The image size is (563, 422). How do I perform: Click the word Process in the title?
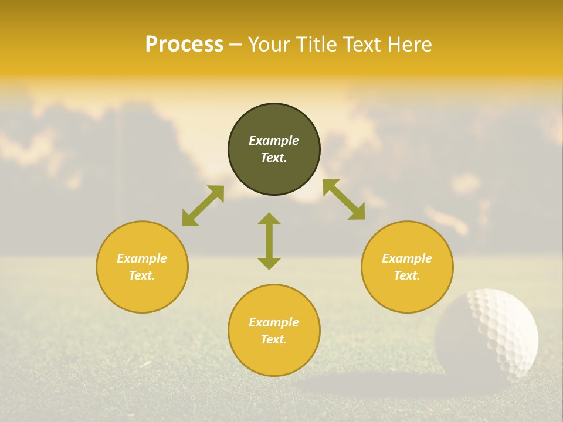coord(184,45)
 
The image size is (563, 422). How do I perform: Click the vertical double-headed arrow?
coord(269,241)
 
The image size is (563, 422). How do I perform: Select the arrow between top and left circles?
coord(203,206)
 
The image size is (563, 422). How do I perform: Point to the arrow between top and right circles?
coord(344,199)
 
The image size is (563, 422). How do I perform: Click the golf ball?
coord(491,332)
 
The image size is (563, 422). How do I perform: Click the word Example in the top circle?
coord(274,141)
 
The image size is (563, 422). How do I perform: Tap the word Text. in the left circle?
coord(142,275)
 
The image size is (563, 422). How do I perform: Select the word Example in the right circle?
coord(407,258)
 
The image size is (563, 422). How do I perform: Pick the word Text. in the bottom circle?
coord(274,339)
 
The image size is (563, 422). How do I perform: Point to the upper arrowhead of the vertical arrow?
coord(269,218)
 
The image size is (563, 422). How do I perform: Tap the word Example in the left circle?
coord(142,258)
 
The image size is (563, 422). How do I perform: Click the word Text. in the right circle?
coord(407,275)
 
